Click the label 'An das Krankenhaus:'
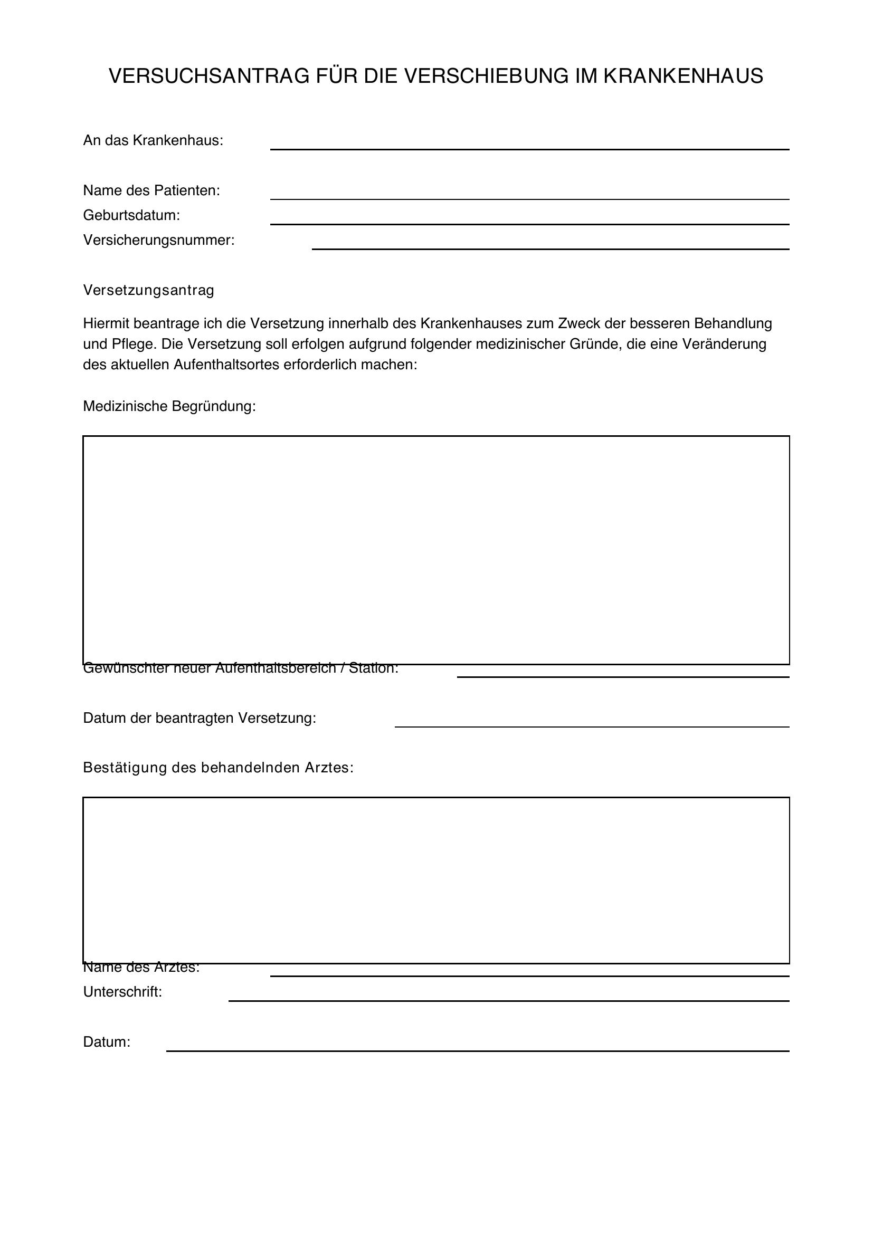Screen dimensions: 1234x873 pyautogui.click(x=153, y=141)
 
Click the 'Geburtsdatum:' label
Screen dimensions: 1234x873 pyautogui.click(x=131, y=216)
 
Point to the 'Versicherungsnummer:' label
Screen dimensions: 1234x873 pyautogui.click(x=158, y=240)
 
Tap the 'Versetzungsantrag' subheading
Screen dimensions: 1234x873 pyautogui.click(x=148, y=290)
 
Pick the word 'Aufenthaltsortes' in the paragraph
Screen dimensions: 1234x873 pyautogui.click(x=226, y=365)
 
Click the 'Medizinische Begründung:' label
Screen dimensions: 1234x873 pyautogui.click(x=169, y=406)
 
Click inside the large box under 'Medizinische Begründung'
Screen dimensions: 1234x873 pyautogui.click(x=435, y=549)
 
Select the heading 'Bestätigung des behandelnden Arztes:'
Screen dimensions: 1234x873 pyautogui.click(x=217, y=768)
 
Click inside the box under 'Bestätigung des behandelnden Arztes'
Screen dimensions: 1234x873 pyautogui.click(x=435, y=880)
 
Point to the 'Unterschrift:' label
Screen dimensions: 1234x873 pyautogui.click(x=122, y=992)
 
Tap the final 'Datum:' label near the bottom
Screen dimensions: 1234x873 pyautogui.click(x=107, y=1042)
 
